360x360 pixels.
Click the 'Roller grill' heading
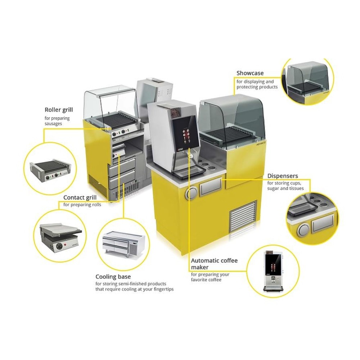tap(59, 110)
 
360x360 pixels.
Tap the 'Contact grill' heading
tap(80, 197)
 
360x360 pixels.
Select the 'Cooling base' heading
tap(113, 276)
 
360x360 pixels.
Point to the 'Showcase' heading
tap(250, 73)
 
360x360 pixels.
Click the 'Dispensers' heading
tap(283, 176)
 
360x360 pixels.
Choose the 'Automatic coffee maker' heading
tap(214, 264)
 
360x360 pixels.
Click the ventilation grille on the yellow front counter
tap(243, 216)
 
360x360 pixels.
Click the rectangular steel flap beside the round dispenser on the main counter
tap(210, 186)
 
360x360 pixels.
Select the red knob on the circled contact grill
tap(65, 244)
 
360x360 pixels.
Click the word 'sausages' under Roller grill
tap(53, 123)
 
